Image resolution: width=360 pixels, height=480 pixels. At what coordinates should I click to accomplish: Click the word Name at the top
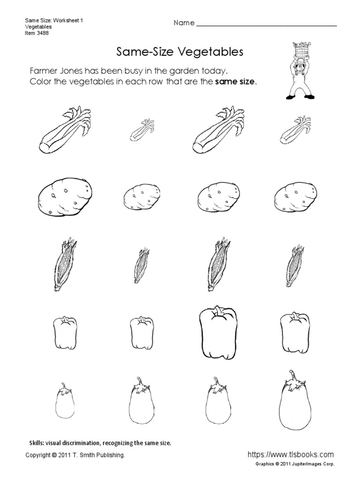pyautogui.click(x=184, y=23)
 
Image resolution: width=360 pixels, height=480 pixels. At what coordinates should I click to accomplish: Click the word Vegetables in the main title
pyautogui.click(x=213, y=52)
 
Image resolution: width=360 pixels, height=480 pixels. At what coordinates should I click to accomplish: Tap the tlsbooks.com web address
pyautogui.click(x=290, y=454)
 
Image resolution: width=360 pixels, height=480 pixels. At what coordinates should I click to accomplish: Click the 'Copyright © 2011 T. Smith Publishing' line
pyautogui.click(x=75, y=455)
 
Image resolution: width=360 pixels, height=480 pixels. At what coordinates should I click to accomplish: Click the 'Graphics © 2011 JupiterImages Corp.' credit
pyautogui.click(x=295, y=464)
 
